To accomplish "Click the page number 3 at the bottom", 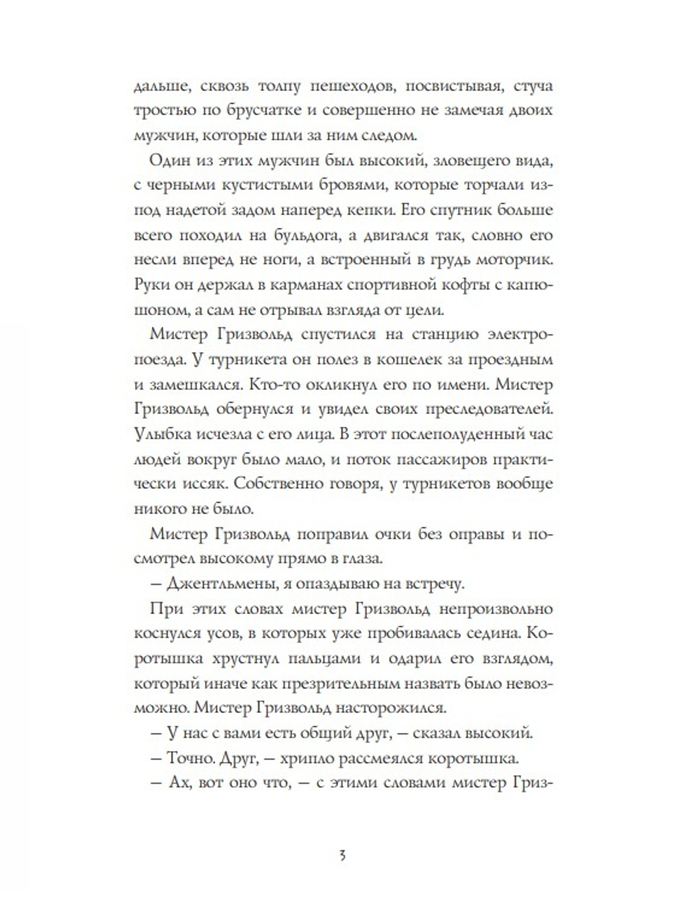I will [x=342, y=855].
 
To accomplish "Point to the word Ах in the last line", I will [x=179, y=783].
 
